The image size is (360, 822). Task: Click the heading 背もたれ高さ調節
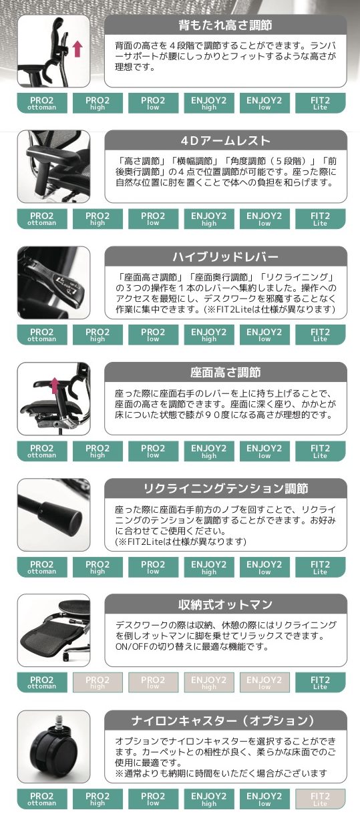[225, 25]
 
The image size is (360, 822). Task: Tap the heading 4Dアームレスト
[225, 140]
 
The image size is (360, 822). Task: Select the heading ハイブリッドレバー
[225, 256]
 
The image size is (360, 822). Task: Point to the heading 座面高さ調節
[225, 373]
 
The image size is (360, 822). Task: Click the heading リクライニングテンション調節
[225, 488]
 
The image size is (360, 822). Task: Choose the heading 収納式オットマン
[225, 604]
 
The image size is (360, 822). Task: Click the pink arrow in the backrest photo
[77, 49]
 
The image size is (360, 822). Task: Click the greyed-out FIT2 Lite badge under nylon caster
[321, 799]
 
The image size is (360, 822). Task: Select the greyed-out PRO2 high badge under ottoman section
[98, 682]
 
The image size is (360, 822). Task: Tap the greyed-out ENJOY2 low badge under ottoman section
[264, 682]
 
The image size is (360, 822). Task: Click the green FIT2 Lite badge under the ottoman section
[321, 682]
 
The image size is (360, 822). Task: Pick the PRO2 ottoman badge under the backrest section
[42, 103]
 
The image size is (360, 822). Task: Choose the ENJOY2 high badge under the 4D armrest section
[209, 219]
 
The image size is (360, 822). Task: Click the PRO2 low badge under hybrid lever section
[153, 335]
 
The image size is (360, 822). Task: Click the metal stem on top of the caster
[59, 723]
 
